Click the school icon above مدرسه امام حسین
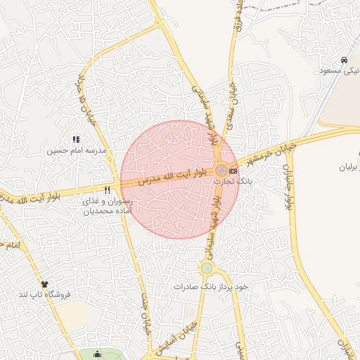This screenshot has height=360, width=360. (77, 140)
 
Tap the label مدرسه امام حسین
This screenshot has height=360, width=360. (77, 150)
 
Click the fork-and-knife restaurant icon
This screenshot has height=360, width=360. (107, 190)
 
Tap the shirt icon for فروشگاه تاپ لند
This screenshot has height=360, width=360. (46, 284)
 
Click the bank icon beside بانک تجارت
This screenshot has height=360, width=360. (233, 170)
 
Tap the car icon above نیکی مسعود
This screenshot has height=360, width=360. (343, 60)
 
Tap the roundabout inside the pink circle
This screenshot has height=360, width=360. (221, 170)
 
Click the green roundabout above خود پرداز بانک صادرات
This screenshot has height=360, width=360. (207, 268)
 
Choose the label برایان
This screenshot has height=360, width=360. (349, 167)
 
